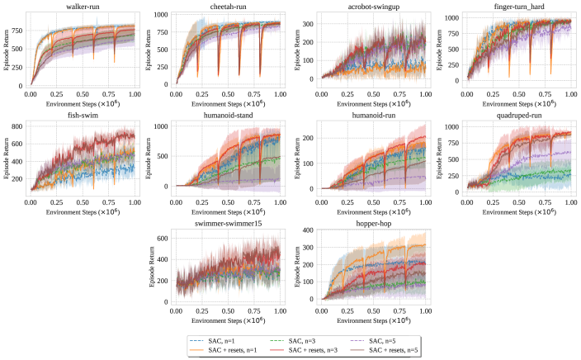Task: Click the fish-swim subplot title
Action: click(83, 116)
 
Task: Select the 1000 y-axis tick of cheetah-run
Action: click(163, 14)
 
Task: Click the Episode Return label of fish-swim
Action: click(8, 159)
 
